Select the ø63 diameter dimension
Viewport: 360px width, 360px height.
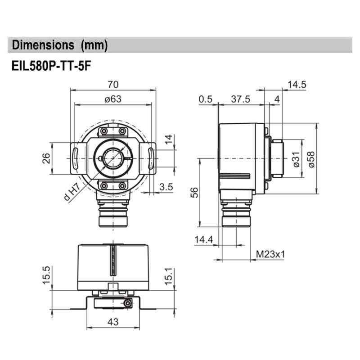pyautogui.click(x=113, y=99)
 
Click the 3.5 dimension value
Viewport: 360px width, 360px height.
pyautogui.click(x=166, y=186)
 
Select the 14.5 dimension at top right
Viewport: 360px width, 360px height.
pyautogui.click(x=297, y=84)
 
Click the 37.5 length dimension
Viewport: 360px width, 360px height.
pyautogui.click(x=241, y=99)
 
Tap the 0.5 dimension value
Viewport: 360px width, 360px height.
pyautogui.click(x=206, y=99)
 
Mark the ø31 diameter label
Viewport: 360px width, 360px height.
pyautogui.click(x=296, y=159)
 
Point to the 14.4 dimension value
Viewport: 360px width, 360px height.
pyautogui.click(x=204, y=240)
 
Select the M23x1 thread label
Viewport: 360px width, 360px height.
pyautogui.click(x=271, y=254)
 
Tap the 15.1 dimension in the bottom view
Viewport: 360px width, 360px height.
pyautogui.click(x=168, y=275)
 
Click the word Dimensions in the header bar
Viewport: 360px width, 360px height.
pyautogui.click(x=43, y=45)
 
